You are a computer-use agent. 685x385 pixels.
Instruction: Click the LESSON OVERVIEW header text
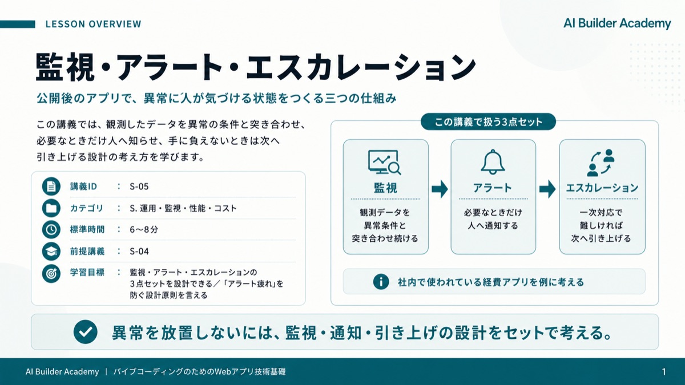point(93,24)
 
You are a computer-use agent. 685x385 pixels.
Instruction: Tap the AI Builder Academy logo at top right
point(617,23)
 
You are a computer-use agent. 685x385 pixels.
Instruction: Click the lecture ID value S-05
point(139,187)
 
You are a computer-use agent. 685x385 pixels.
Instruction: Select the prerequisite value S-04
point(139,251)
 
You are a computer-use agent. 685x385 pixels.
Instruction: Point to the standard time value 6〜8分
point(144,229)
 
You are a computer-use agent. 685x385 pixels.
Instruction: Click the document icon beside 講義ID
point(51,186)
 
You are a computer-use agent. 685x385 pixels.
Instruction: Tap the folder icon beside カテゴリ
point(51,208)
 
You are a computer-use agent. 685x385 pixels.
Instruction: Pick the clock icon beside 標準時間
point(51,229)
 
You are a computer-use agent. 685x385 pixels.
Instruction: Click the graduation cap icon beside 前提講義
point(51,251)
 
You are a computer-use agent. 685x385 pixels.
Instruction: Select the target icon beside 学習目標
point(51,273)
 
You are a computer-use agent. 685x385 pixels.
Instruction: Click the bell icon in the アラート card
point(493,162)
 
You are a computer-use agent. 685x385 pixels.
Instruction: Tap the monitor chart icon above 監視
point(384,162)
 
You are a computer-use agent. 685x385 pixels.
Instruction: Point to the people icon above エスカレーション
point(601,163)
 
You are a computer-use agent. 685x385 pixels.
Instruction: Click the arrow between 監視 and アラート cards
point(440,189)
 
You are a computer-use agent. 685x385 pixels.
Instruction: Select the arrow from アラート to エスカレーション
point(547,189)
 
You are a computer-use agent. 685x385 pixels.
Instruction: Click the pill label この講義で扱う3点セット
point(489,122)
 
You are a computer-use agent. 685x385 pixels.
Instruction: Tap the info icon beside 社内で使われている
point(381,281)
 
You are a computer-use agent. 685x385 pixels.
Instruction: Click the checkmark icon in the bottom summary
point(85,332)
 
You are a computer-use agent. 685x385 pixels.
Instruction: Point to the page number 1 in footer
point(664,371)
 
